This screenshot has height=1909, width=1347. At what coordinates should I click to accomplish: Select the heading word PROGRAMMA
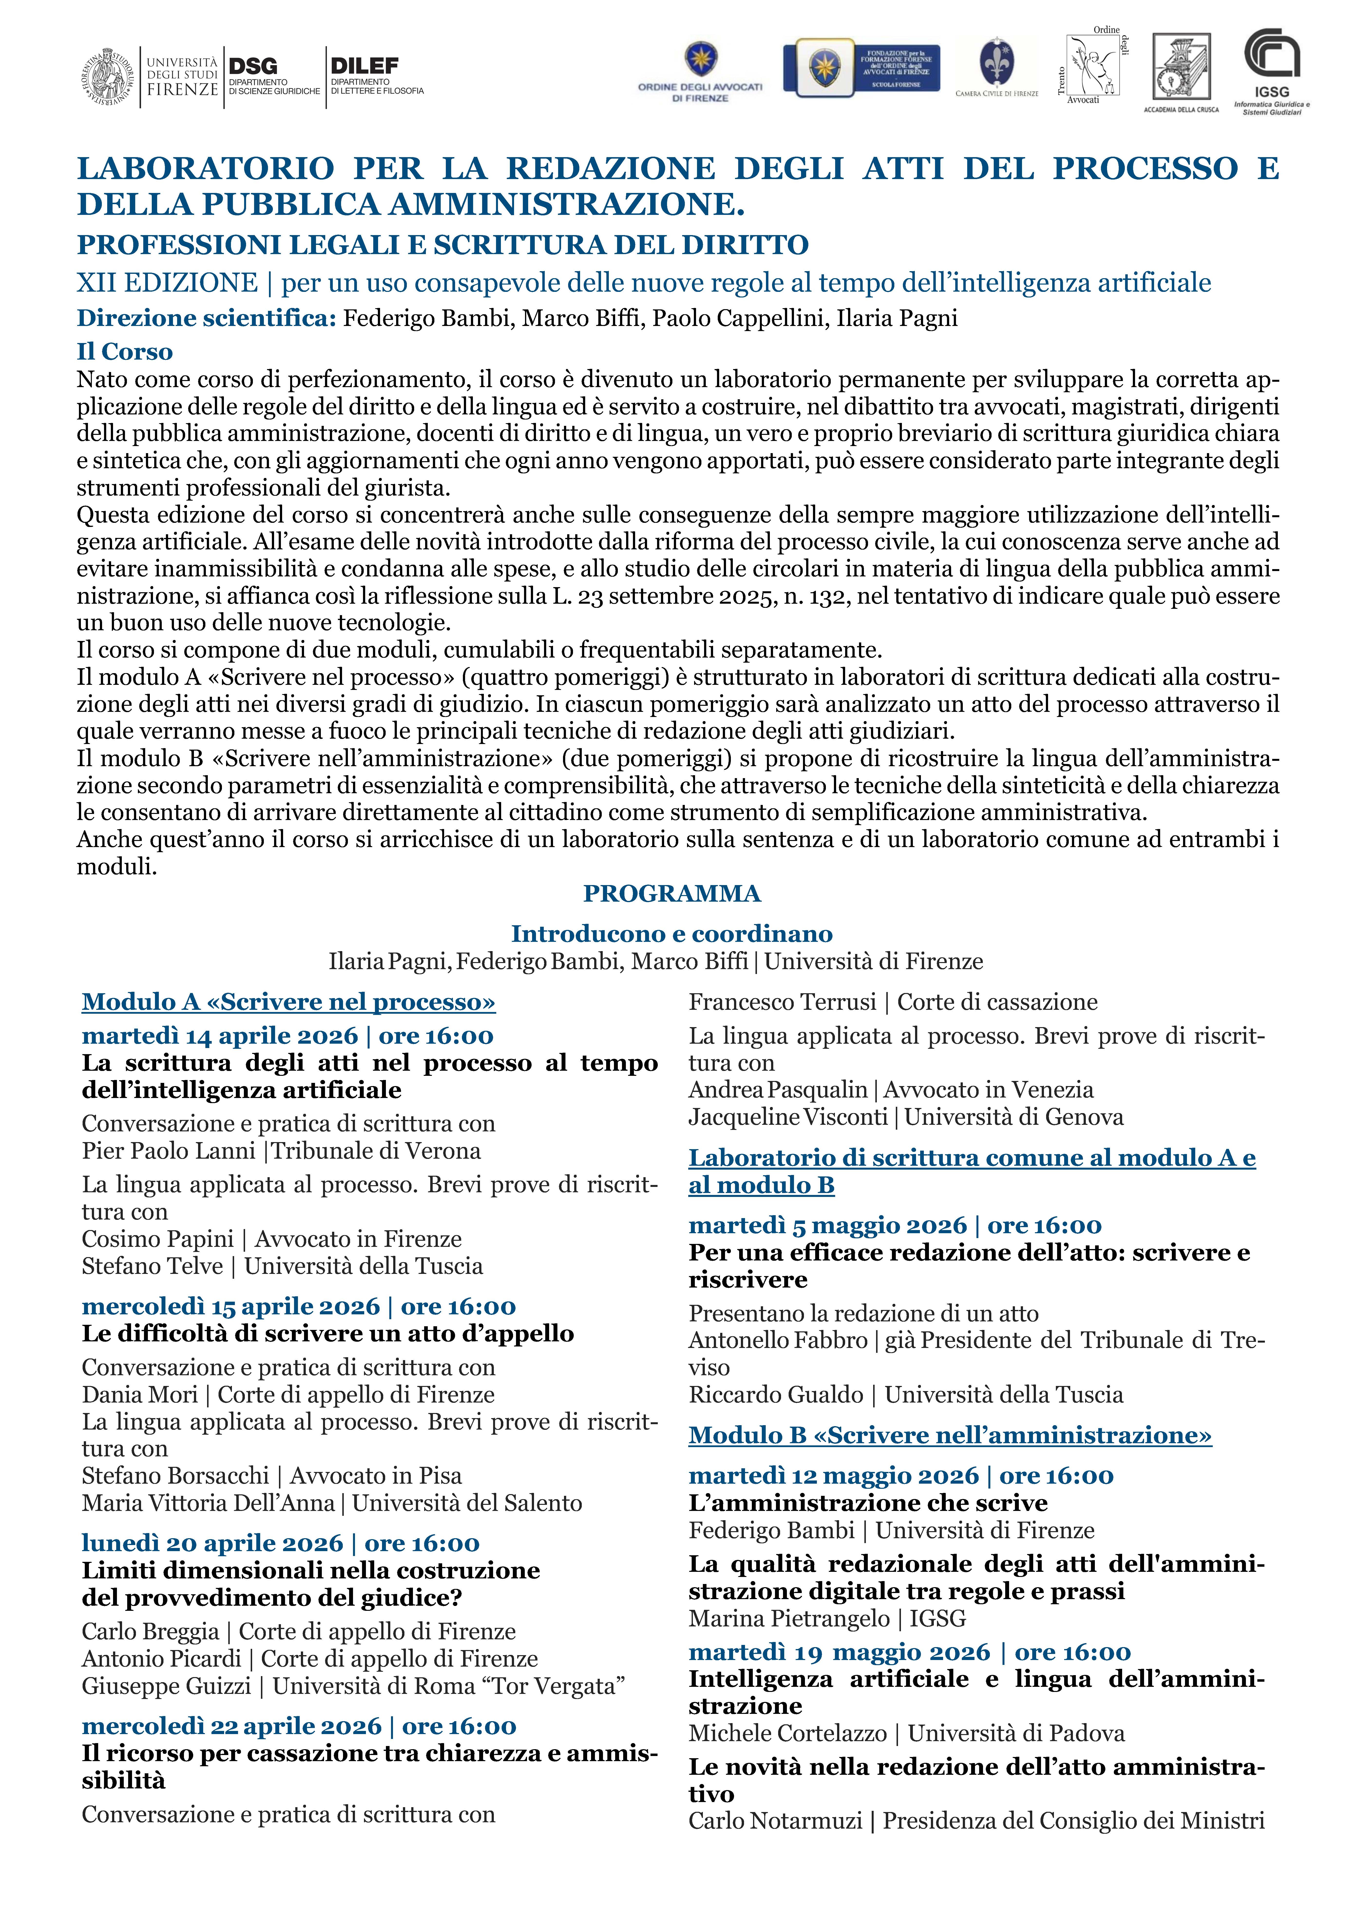pyautogui.click(x=672, y=894)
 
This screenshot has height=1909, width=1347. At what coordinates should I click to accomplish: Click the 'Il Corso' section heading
pyautogui.click(x=125, y=352)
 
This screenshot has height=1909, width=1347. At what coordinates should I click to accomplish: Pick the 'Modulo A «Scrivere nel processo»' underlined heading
pyautogui.click(x=288, y=1002)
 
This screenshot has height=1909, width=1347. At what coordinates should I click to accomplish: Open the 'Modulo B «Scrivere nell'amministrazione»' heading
pyautogui.click(x=950, y=1435)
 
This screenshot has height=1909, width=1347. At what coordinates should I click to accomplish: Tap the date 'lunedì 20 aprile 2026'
pyautogui.click(x=212, y=1543)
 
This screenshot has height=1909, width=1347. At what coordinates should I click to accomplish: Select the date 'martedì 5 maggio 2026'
pyautogui.click(x=827, y=1226)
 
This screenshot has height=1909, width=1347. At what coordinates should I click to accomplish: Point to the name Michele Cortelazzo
pyautogui.click(x=787, y=1734)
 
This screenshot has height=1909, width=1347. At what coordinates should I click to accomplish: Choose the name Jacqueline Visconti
pyautogui.click(x=787, y=1117)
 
